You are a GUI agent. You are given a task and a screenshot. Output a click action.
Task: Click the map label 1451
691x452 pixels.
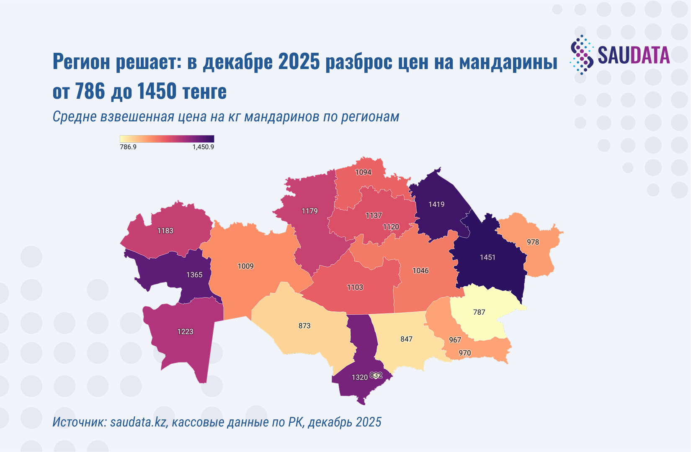point(487,257)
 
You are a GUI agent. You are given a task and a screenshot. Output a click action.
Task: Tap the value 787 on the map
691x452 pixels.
point(479,312)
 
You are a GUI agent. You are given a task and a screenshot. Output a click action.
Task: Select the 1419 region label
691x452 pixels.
point(436,204)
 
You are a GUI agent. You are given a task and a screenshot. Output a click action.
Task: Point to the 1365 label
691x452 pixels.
point(194,275)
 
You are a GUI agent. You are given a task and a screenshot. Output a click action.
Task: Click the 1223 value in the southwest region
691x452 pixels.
point(185,331)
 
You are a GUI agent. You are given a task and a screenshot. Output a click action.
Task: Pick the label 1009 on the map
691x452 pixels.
point(245,266)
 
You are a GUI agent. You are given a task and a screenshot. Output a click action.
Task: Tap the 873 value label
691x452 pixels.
point(304,326)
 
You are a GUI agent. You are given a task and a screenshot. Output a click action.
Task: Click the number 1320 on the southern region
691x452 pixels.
point(359,378)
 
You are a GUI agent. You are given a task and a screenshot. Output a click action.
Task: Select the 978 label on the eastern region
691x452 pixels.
point(533,242)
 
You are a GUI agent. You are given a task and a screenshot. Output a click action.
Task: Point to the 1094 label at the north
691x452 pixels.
point(363,172)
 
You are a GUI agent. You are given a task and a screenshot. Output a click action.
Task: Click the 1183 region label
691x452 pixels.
point(165,231)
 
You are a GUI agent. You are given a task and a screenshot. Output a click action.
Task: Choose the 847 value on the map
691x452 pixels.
point(406,339)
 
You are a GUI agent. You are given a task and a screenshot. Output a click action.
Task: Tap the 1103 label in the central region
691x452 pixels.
point(355,287)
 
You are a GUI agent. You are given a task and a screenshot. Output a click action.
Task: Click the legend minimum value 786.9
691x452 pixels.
point(128,147)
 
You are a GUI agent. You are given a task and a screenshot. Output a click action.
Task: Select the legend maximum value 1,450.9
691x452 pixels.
point(203,147)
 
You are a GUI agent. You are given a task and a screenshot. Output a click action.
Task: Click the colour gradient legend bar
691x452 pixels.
point(167,139)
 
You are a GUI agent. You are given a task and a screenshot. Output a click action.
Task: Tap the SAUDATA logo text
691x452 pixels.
point(633,55)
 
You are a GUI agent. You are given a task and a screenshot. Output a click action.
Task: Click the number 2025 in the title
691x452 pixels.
point(299,62)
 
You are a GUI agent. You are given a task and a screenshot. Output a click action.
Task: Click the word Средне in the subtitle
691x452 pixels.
point(75,116)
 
